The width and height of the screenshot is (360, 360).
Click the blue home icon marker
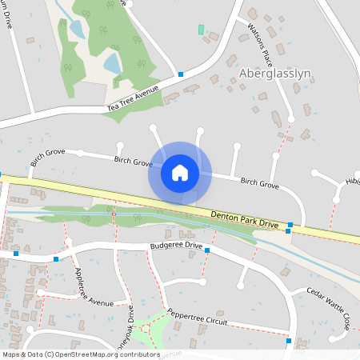click(180, 172)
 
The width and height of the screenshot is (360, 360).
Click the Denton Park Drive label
click(245, 220)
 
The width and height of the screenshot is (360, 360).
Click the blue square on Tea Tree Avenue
click(182, 74)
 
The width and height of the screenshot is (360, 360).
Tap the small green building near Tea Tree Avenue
click(201, 30)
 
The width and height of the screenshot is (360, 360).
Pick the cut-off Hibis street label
click(352, 182)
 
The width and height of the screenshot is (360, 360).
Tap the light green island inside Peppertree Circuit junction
click(147, 329)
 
